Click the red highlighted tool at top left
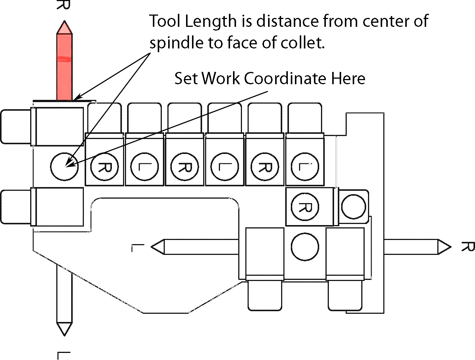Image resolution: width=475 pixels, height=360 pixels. point(64,63)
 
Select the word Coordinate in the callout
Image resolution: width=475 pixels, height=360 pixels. point(286,78)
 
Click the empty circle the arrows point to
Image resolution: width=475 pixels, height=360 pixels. point(64,167)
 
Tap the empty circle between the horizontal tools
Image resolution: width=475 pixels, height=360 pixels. point(305,247)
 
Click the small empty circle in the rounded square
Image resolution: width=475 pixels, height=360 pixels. point(353,207)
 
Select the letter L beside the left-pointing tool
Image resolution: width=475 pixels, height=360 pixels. point(138,247)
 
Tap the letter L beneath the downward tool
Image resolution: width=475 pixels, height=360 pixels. point(64,355)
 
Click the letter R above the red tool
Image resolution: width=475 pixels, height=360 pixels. point(64,4)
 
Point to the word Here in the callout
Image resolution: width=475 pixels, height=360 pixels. point(348,78)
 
